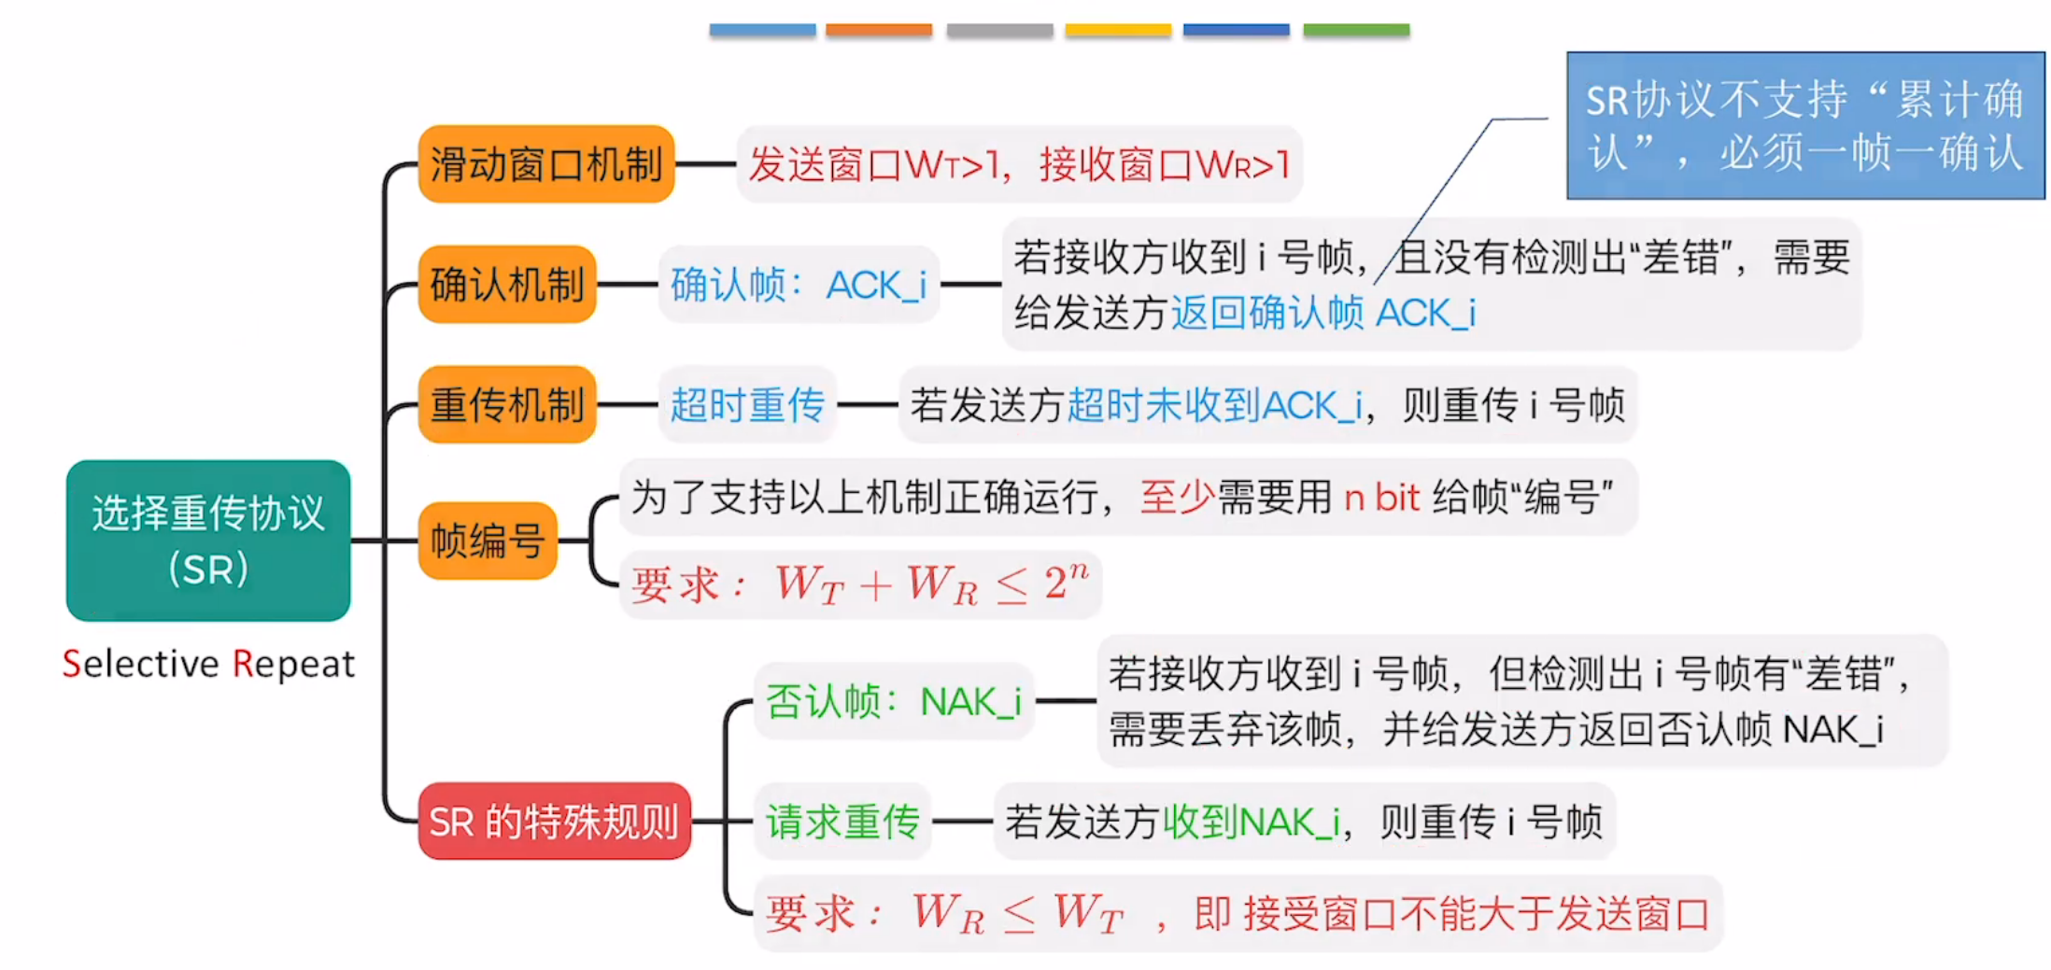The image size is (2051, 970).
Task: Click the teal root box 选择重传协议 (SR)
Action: point(208,540)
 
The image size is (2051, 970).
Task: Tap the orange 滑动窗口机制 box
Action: point(546,164)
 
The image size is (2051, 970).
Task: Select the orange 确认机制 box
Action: point(507,284)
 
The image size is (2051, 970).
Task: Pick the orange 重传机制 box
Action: point(507,404)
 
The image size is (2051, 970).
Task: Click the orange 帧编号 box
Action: point(488,541)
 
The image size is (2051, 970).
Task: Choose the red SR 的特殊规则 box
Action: point(554,822)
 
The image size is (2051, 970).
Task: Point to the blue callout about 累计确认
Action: point(1804,126)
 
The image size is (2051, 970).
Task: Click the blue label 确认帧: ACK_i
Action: point(799,285)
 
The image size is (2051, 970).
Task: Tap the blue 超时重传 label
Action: point(747,404)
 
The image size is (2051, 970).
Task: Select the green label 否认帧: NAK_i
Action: point(894,701)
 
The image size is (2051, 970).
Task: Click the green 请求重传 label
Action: point(842,822)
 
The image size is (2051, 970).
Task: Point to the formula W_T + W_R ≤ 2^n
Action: point(931,584)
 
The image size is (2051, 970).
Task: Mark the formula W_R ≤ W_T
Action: point(1017,913)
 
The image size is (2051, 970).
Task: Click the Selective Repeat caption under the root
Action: point(208,664)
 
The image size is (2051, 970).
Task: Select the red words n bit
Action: point(1381,498)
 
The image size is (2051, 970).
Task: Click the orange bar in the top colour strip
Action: point(879,30)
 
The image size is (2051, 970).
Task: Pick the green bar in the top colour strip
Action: point(1356,30)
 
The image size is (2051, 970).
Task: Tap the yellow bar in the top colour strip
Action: point(1118,30)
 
